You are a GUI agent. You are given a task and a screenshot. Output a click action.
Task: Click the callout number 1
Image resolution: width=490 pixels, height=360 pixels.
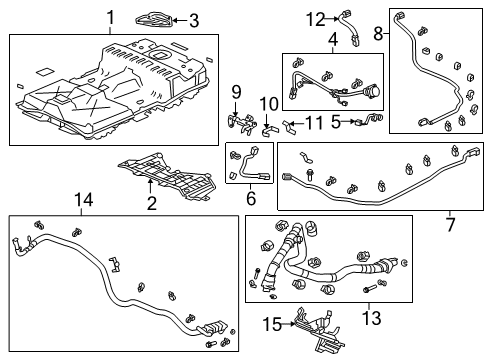[x=111, y=17]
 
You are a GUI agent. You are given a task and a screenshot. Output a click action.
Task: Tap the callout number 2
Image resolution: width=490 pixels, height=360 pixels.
[x=151, y=204]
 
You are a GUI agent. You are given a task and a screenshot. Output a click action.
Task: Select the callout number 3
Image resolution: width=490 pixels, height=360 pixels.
[x=194, y=19]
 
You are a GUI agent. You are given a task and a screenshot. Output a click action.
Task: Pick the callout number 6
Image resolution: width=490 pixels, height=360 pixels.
[x=251, y=199]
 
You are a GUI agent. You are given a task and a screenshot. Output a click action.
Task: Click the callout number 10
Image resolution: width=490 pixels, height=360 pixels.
[x=269, y=104]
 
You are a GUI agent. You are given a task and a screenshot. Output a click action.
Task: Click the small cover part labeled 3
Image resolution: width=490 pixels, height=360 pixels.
[x=163, y=17]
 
